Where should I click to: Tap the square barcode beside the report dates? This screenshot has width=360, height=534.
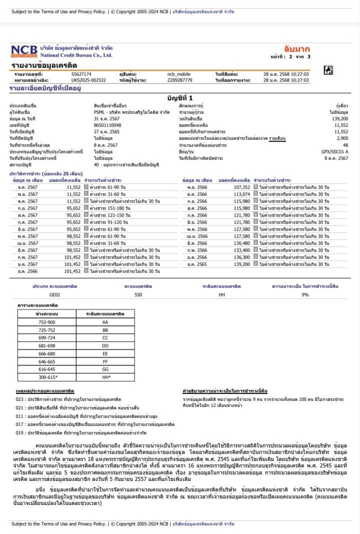tap(328, 70)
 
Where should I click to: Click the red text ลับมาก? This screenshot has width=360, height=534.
tap(297, 49)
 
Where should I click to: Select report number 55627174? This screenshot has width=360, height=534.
tap(81, 74)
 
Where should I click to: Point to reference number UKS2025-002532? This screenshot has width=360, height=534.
tap(88, 79)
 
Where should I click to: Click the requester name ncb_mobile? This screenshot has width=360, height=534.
tap(179, 74)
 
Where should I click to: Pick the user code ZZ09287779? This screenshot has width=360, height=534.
tap(179, 79)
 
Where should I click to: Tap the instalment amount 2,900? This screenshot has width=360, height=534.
tap(342, 138)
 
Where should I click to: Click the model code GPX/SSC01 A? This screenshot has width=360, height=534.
tap(336, 151)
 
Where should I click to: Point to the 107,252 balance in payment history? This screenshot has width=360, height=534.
tap(241, 187)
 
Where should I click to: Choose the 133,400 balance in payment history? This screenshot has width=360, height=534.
tap(241, 250)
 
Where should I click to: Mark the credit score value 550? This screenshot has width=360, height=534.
tap(138, 295)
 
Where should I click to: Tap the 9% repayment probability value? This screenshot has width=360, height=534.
tap(305, 295)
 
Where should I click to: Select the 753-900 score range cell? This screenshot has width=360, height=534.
tap(47, 322)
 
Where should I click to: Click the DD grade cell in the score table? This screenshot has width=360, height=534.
tap(105, 345)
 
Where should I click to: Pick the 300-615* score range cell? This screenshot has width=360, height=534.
tap(47, 376)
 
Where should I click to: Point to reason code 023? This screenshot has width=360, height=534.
tap(19, 399)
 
